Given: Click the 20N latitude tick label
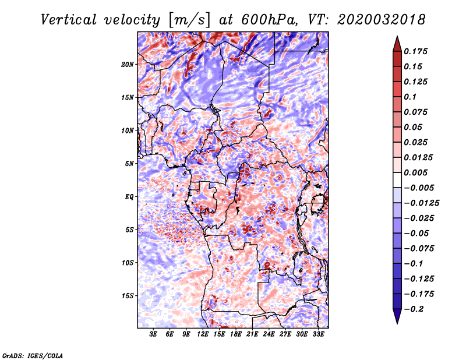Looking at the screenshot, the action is point(128,65).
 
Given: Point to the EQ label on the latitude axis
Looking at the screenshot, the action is point(129,197).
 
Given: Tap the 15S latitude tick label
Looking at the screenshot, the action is point(128,296).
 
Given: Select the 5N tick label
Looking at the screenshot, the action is point(129,164).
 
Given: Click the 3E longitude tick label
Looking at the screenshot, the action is point(153,334).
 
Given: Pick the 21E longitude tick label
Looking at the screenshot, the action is point(252,334).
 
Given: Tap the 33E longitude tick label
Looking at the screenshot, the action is point(318,334).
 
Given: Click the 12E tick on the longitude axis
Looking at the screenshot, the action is point(203,334).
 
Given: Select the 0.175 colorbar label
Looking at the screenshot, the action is point(415,51).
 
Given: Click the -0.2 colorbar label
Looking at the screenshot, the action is point(414,309).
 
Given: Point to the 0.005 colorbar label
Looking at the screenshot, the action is point(415,172).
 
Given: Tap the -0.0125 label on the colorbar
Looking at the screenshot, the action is point(421,203).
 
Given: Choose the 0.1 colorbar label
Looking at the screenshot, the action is point(410,97).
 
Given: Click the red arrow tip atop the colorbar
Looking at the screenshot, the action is point(397,37).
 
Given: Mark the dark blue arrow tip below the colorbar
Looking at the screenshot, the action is point(397,323).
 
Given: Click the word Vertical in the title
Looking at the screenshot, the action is point(69,20).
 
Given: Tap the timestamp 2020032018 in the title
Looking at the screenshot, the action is point(382,20).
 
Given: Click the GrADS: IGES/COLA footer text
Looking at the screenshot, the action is point(33,355).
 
